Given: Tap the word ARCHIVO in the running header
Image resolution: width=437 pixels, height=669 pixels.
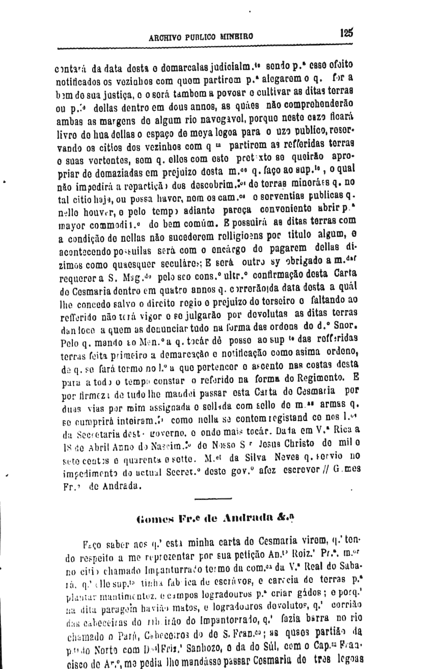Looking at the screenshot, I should [x=166, y=37].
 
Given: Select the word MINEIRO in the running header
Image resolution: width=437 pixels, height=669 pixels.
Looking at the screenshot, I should [x=238, y=37].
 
